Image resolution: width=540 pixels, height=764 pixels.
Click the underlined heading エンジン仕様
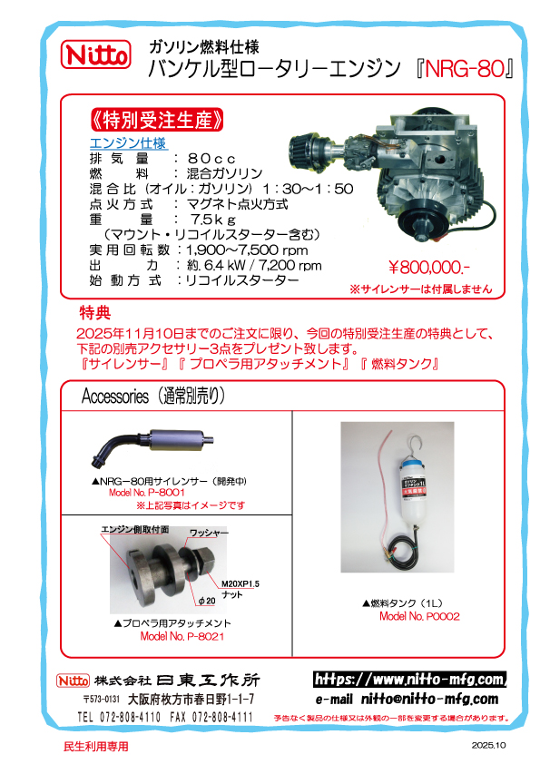127,142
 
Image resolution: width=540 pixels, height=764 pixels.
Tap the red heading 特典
94,313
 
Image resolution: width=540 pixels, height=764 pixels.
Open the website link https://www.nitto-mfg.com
409,679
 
